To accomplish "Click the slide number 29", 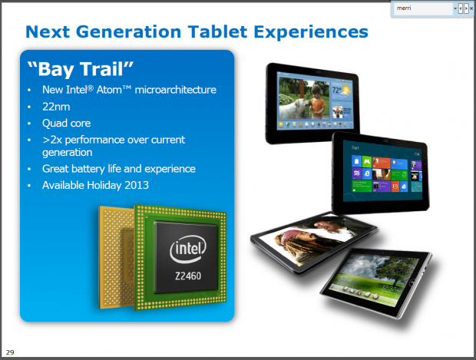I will (10, 352).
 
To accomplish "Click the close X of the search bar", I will (470, 8).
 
